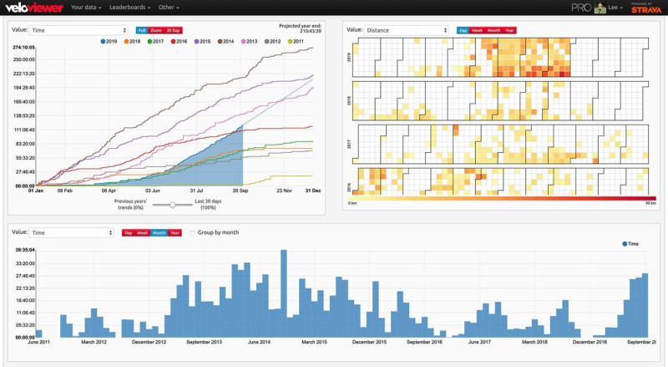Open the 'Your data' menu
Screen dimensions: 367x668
pos(86,8)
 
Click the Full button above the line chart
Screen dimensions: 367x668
pos(141,30)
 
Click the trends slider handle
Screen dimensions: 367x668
pos(172,203)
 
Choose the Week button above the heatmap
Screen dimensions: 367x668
pos(477,30)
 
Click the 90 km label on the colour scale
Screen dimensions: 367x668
pos(650,203)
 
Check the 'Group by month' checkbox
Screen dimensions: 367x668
pos(193,232)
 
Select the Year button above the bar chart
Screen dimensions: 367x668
pos(175,232)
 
